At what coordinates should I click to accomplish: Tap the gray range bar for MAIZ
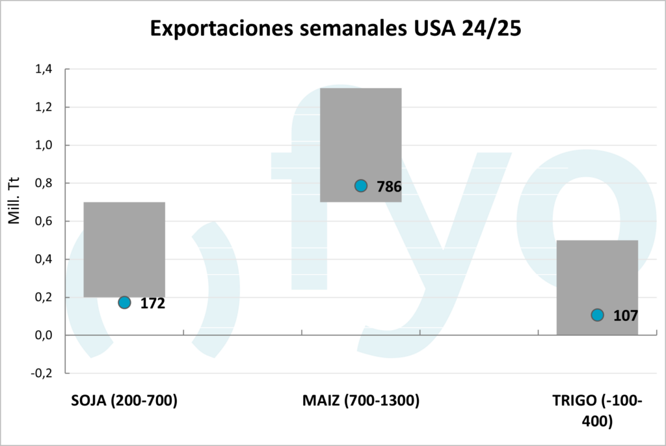[360, 145]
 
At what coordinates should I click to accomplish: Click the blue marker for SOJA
[124, 302]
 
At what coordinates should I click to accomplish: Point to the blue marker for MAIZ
[361, 186]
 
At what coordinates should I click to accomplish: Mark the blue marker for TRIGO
[597, 315]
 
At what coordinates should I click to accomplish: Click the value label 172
[153, 303]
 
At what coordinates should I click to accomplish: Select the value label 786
[389, 187]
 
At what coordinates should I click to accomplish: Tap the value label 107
[625, 316]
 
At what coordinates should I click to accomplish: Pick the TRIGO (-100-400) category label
[597, 411]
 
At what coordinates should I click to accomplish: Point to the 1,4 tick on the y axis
[44, 69]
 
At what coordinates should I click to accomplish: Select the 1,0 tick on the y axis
[44, 145]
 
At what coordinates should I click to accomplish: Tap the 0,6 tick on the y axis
[44, 221]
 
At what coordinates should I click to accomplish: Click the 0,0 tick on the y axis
[44, 335]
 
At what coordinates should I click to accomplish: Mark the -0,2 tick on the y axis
[42, 374]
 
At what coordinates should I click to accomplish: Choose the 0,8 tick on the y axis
[44, 184]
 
